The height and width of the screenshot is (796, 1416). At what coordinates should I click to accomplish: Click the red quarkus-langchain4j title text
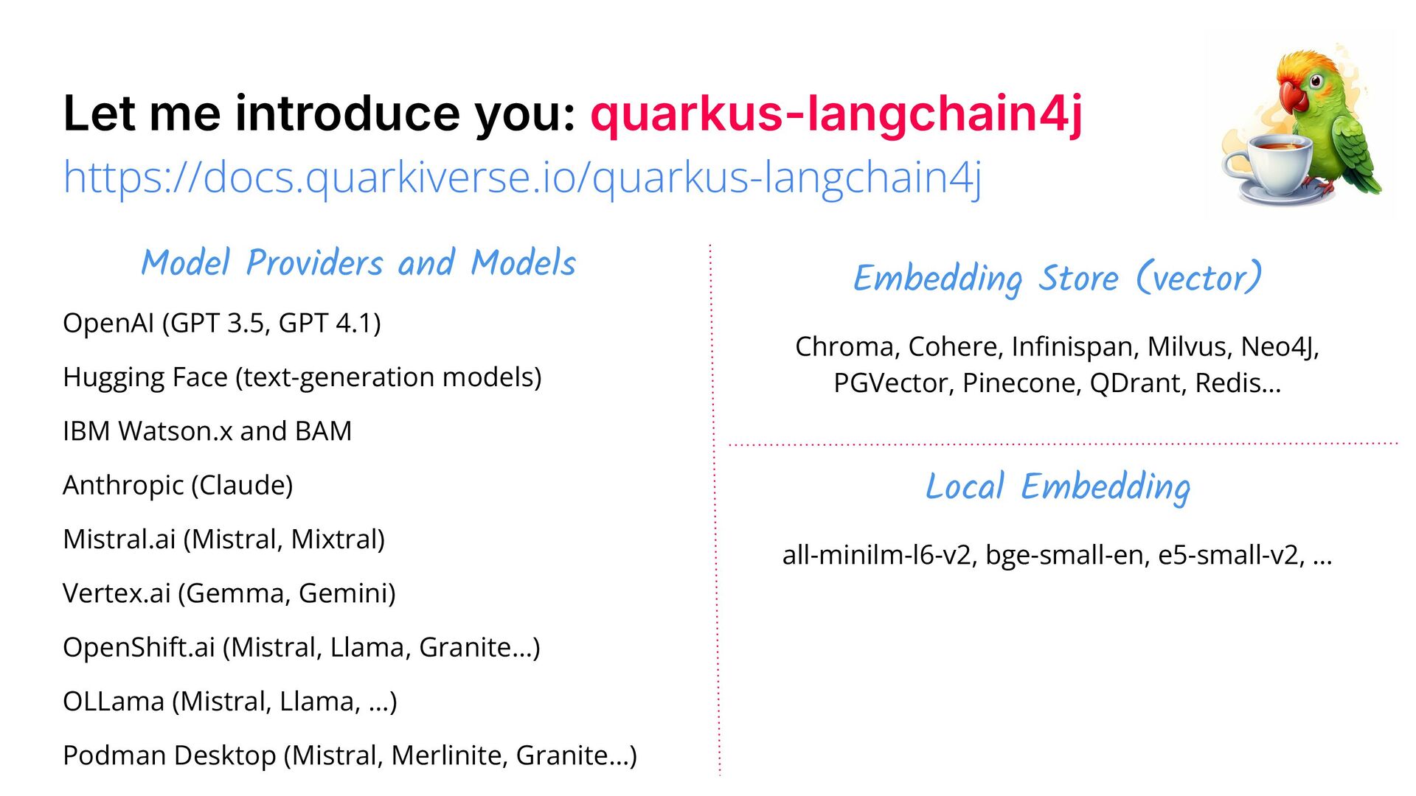pyautogui.click(x=836, y=114)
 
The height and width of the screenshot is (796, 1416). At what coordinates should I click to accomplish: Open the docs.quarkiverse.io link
pyautogui.click(x=522, y=178)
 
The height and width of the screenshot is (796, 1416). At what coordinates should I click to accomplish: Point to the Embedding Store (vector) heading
pyautogui.click(x=1057, y=279)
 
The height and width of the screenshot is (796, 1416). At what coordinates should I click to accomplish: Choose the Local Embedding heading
pyautogui.click(x=1058, y=487)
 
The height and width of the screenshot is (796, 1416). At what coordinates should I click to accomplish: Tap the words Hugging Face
pyautogui.click(x=145, y=377)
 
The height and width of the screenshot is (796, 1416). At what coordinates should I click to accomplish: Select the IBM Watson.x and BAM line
pyautogui.click(x=207, y=431)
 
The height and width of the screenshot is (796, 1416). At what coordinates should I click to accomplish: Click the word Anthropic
pyautogui.click(x=123, y=486)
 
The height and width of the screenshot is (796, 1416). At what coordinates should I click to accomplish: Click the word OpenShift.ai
pyautogui.click(x=139, y=647)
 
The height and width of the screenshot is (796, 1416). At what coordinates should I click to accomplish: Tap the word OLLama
pyautogui.click(x=114, y=702)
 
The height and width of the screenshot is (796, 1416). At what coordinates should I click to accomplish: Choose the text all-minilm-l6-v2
pyautogui.click(x=877, y=555)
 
